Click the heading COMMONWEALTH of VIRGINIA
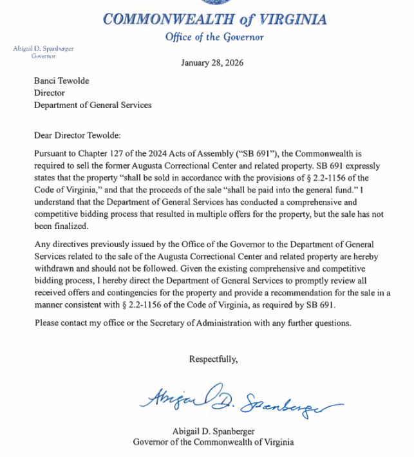coord(214,19)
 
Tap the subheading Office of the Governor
coord(214,37)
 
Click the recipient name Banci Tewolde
coord(62,82)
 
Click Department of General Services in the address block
coord(93,105)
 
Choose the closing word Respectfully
coord(213,359)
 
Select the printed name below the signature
coord(213,431)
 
